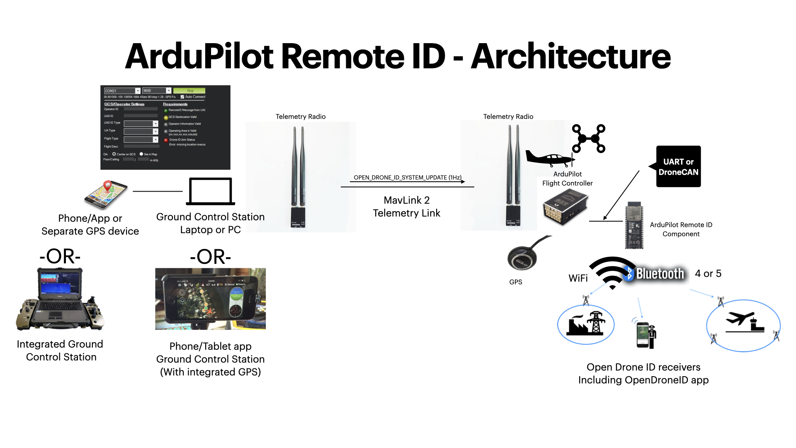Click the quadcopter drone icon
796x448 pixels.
[589, 139]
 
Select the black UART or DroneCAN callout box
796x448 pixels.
[678, 166]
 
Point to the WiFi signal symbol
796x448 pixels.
[612, 272]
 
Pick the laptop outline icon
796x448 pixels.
[211, 191]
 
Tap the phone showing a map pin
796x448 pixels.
[106, 195]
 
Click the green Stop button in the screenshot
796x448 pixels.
[189, 90]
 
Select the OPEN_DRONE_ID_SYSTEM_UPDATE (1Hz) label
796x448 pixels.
[407, 178]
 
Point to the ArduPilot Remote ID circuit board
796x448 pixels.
[634, 226]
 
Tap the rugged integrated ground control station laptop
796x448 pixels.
[61, 299]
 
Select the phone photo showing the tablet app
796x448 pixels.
[210, 299]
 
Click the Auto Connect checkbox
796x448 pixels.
[182, 97]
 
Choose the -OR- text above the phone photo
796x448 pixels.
[210, 257]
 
